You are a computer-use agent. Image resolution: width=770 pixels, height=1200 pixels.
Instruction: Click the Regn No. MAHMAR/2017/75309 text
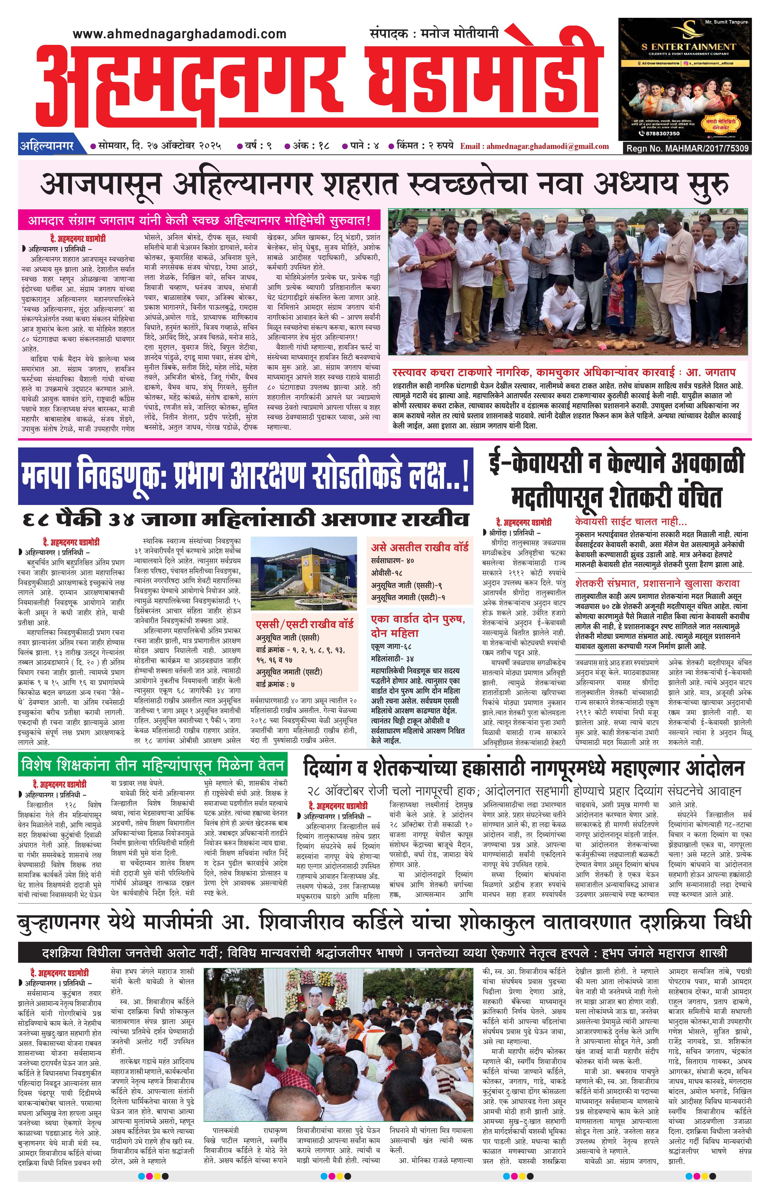click(x=687, y=148)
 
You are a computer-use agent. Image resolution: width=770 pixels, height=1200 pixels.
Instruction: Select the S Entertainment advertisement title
click(x=689, y=47)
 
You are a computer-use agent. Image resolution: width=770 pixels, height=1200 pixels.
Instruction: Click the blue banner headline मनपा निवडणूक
click(x=245, y=476)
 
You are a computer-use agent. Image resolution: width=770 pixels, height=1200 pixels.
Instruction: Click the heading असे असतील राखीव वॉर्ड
click(x=419, y=547)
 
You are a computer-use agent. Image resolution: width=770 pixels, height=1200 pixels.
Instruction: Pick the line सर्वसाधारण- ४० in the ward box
click(x=393, y=560)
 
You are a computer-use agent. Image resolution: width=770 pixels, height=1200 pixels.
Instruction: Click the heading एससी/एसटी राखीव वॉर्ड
click(x=305, y=624)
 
